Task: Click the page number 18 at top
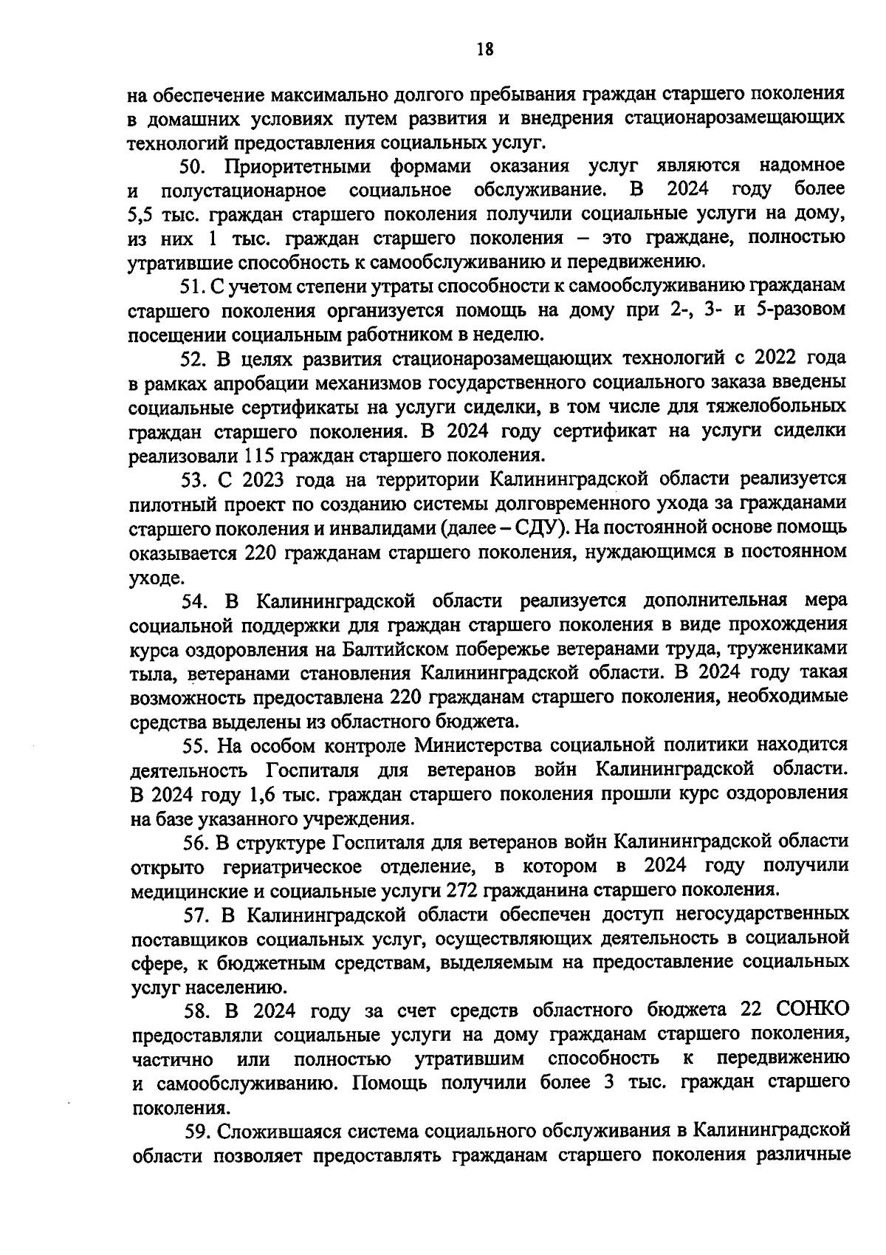[x=484, y=49]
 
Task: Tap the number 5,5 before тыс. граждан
[x=140, y=215]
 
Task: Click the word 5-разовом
[x=804, y=310]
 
